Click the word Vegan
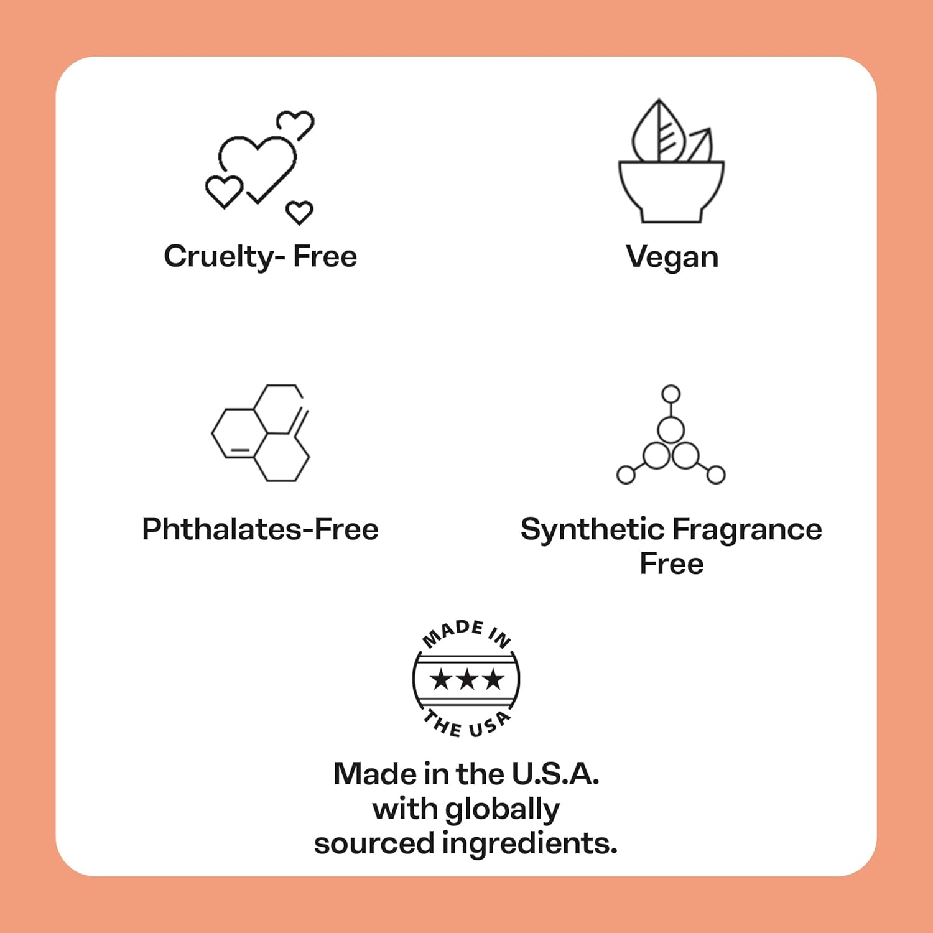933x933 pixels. click(672, 257)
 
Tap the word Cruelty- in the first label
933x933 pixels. click(225, 257)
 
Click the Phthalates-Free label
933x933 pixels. click(260, 529)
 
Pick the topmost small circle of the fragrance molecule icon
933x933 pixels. click(671, 394)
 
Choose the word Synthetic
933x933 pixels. click(593, 530)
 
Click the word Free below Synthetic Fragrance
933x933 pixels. click(672, 564)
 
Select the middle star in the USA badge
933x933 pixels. click(466, 679)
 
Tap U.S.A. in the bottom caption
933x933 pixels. click(555, 774)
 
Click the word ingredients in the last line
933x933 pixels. click(529, 845)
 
